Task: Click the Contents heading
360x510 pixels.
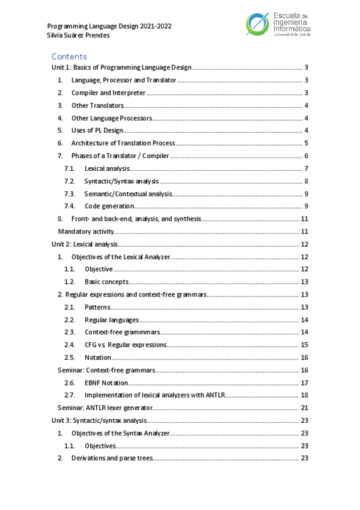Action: point(69,57)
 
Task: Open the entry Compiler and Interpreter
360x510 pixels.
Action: point(108,93)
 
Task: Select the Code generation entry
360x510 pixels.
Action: point(109,206)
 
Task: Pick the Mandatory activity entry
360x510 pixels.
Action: point(85,232)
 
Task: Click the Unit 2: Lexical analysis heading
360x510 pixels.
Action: point(84,244)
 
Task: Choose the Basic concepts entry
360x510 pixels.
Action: point(106,282)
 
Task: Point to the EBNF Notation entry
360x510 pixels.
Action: point(106,382)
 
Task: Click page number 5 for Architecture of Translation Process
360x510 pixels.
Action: point(307,143)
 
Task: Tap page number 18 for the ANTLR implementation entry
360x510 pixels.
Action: point(305,395)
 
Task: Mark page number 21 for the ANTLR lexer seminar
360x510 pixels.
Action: point(305,408)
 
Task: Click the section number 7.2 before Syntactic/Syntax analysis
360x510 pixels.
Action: point(70,181)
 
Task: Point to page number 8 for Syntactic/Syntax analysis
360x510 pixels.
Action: point(307,181)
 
